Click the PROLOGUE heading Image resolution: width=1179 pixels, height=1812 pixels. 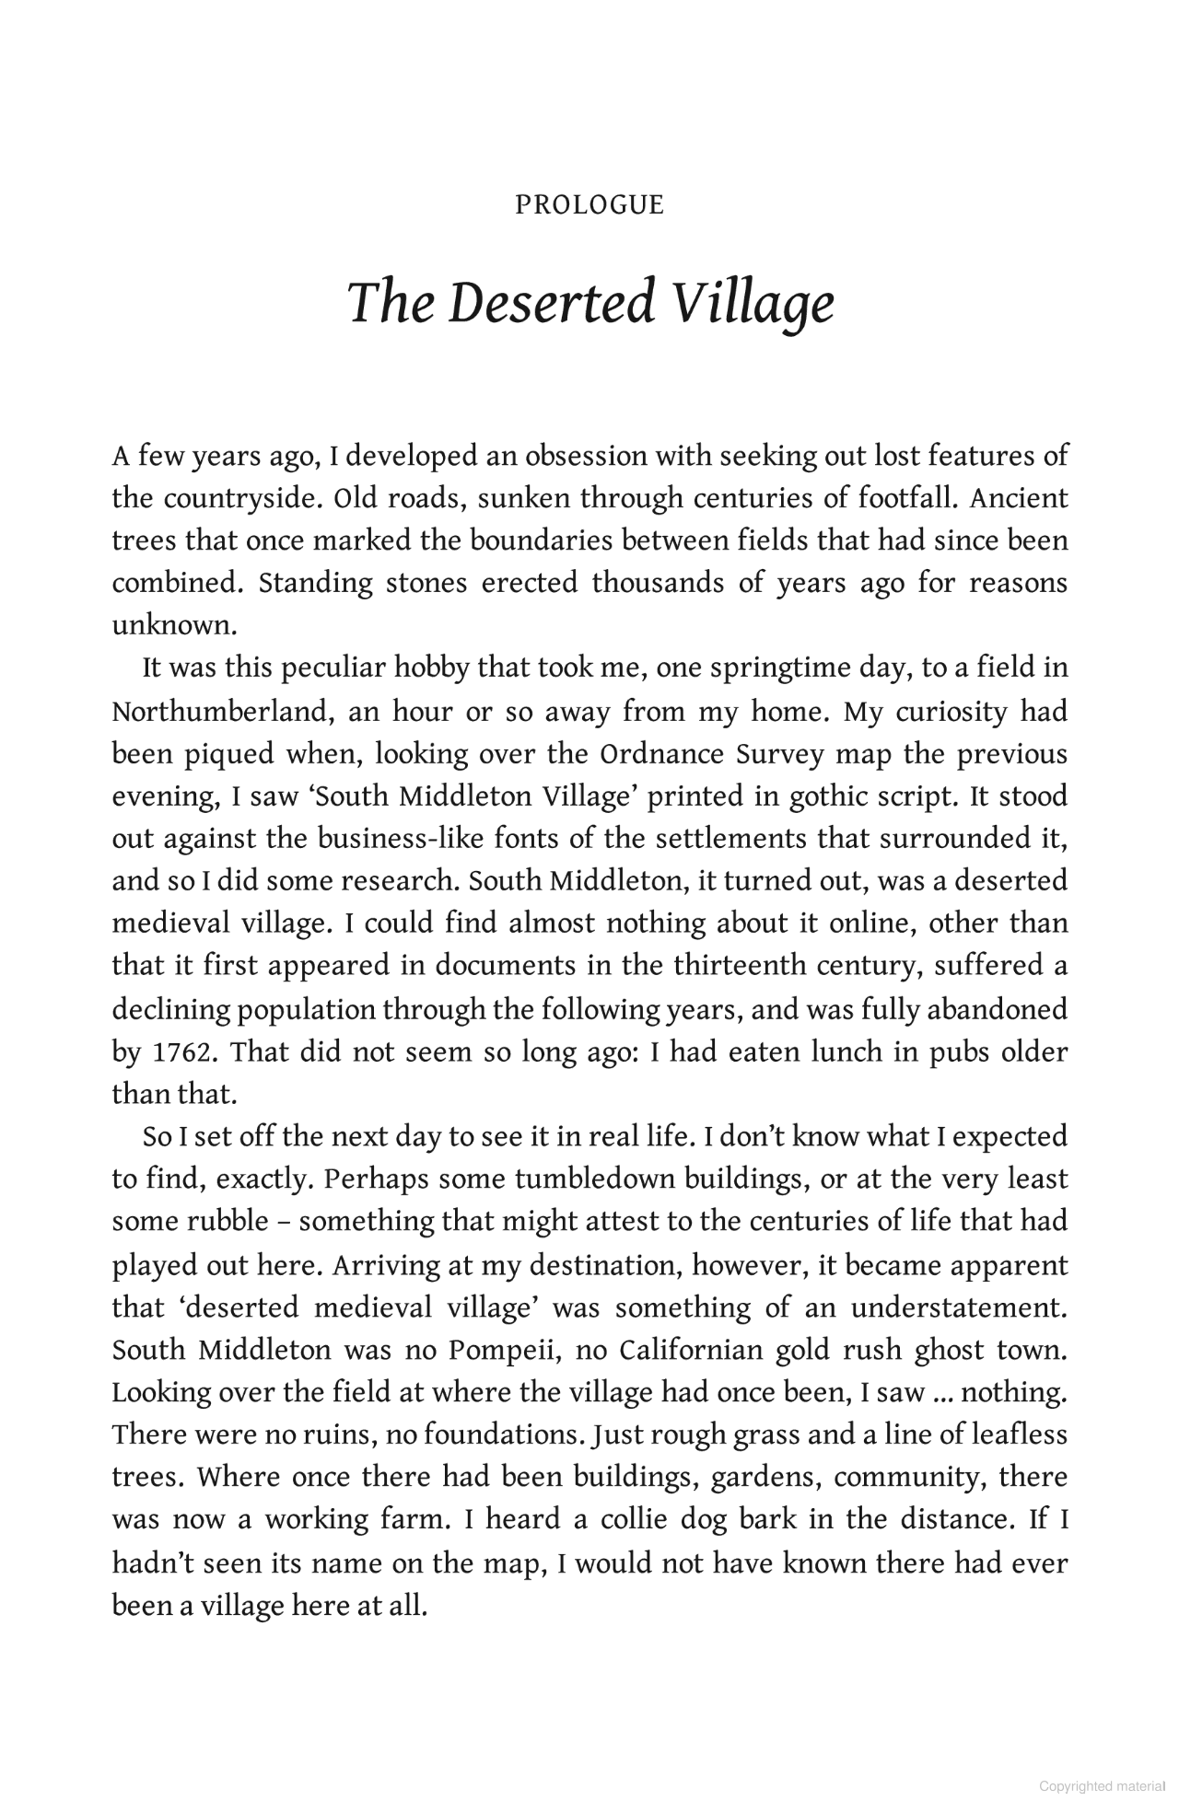(x=589, y=204)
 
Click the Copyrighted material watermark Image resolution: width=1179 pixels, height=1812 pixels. (x=1102, y=1786)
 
